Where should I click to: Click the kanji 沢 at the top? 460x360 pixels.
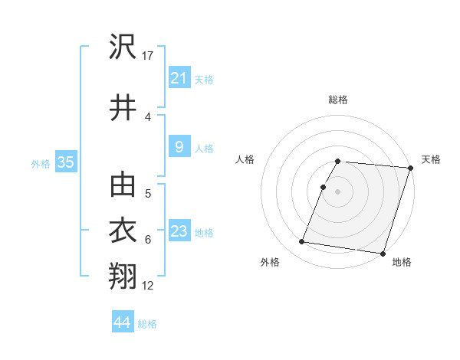click(x=123, y=48)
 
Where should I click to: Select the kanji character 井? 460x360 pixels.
click(x=123, y=108)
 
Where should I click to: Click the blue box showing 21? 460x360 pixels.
click(x=179, y=78)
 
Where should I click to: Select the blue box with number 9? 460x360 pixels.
click(x=179, y=147)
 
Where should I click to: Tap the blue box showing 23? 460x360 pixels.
click(x=179, y=231)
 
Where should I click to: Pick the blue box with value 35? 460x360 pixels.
click(x=65, y=162)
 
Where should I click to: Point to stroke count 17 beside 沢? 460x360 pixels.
click(x=149, y=55)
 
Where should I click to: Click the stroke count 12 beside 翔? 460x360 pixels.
click(x=148, y=286)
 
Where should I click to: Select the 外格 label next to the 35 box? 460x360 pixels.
click(x=41, y=163)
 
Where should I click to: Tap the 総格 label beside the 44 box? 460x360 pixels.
click(x=147, y=324)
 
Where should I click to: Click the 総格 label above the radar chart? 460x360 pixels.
click(x=338, y=100)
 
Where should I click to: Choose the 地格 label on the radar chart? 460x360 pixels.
click(x=402, y=262)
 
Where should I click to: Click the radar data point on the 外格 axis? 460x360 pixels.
click(x=302, y=242)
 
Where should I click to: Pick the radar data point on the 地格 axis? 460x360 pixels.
click(x=382, y=253)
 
